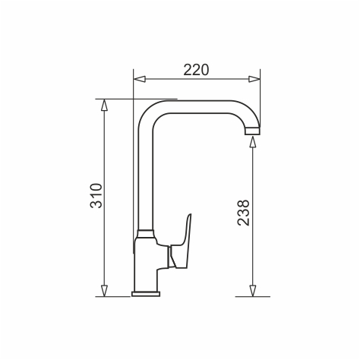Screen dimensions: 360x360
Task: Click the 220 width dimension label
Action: (196, 70)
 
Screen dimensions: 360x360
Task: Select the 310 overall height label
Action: (96, 195)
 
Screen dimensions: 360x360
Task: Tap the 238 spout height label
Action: (244, 213)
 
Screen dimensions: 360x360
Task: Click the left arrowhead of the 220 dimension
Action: (140, 79)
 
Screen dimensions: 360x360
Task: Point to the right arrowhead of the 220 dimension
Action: (254, 79)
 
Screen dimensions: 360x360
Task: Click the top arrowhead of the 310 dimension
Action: (104, 105)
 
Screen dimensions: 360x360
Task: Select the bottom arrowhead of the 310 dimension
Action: (104, 291)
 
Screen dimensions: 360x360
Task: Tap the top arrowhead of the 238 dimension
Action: (252, 142)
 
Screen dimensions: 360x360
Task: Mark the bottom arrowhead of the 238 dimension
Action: (252, 291)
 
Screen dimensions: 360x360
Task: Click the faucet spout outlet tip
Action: (252, 131)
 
